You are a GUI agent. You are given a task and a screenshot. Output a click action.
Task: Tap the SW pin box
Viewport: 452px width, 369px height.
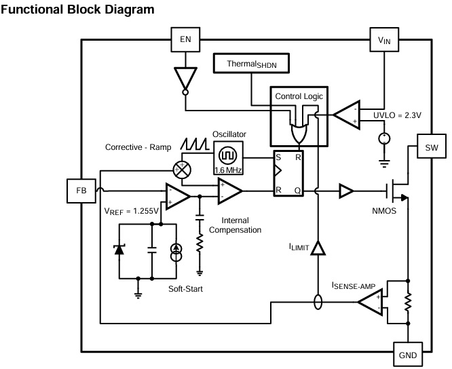(431, 148)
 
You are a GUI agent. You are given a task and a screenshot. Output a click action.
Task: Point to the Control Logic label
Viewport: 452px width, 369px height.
(299, 96)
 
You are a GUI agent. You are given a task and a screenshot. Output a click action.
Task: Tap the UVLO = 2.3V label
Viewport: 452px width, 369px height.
(397, 115)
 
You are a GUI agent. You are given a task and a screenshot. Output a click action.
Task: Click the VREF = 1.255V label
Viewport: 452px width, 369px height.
(131, 211)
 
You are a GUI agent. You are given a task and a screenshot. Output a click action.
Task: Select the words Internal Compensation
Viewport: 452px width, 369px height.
(235, 225)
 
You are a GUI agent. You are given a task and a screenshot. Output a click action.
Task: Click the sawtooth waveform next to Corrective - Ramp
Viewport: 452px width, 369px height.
(193, 144)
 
